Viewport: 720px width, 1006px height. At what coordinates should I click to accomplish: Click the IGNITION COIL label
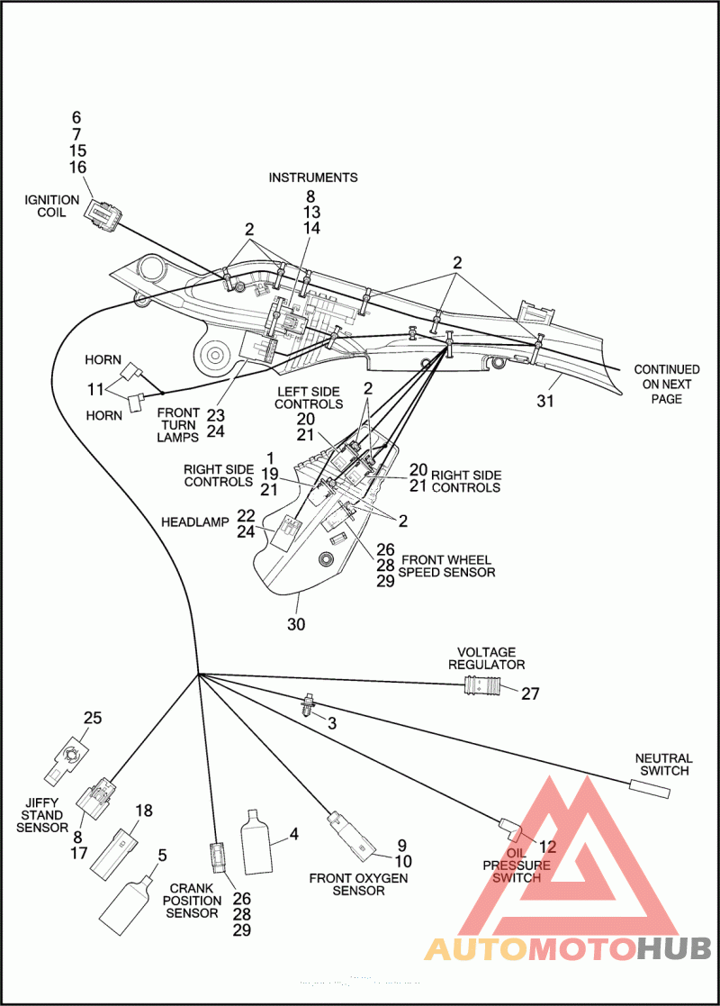[x=51, y=206]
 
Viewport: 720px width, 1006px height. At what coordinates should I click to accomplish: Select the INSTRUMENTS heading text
[x=313, y=177]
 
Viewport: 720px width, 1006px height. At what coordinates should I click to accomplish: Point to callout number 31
[x=545, y=401]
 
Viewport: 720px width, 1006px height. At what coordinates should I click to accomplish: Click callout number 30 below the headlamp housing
[x=296, y=623]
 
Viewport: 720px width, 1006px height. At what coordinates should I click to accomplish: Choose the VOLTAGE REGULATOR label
[x=487, y=658]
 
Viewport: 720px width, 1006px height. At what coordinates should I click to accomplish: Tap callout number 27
[x=530, y=693]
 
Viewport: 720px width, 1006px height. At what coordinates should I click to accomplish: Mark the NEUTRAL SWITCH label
[x=664, y=764]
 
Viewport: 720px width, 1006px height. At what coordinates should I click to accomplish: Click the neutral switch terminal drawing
[x=650, y=789]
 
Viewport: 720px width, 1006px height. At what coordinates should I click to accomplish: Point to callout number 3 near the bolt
[x=332, y=723]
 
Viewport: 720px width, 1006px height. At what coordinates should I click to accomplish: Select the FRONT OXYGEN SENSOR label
[x=358, y=884]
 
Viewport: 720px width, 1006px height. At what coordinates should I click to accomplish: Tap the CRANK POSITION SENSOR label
[x=192, y=901]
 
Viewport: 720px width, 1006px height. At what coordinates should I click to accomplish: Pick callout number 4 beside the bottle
[x=294, y=834]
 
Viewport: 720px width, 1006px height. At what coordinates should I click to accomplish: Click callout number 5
[x=162, y=856]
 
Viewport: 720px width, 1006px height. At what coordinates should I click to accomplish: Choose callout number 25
[x=93, y=718]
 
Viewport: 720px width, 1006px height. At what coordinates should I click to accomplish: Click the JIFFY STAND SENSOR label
[x=42, y=815]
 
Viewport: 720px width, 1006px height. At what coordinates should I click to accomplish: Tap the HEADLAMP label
[x=195, y=522]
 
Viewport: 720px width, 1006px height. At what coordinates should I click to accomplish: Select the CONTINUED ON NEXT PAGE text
[x=667, y=384]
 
